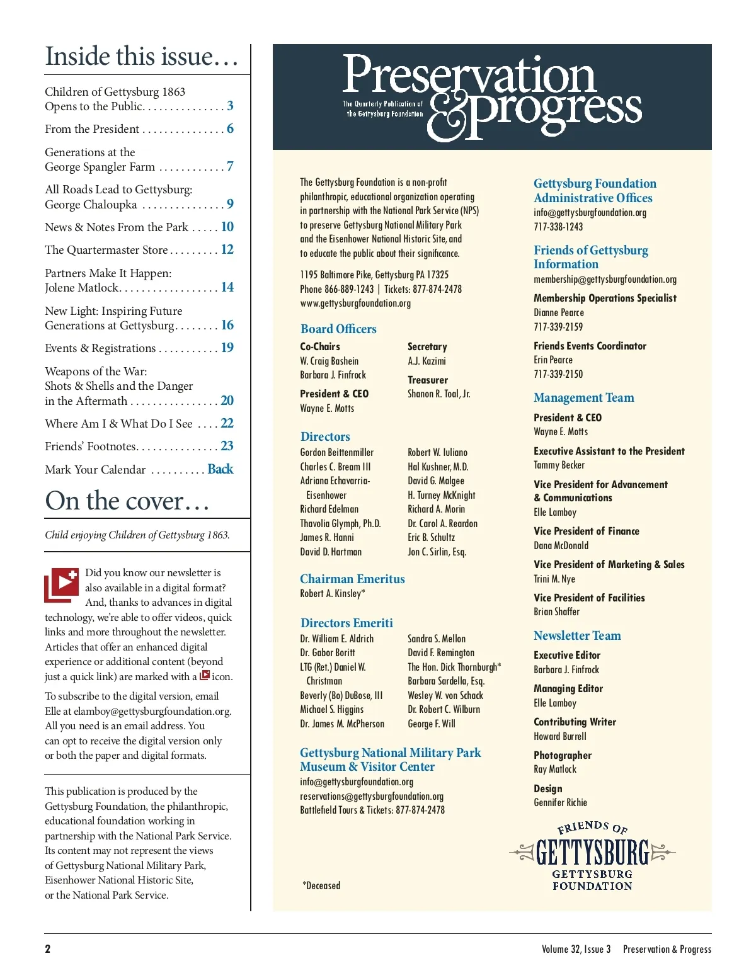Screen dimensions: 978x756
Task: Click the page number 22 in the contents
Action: pyautogui.click(x=227, y=423)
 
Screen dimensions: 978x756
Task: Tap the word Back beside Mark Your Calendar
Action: pyautogui.click(x=220, y=469)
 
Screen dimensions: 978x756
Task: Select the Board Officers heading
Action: pyautogui.click(x=338, y=329)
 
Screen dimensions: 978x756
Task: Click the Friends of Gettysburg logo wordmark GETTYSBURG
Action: pyautogui.click(x=592, y=853)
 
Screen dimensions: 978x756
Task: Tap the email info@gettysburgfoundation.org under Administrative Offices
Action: pyautogui.click(x=590, y=213)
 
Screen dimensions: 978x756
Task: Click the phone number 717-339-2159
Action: pyautogui.click(x=558, y=327)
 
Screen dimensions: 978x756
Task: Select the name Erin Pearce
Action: pyautogui.click(x=553, y=360)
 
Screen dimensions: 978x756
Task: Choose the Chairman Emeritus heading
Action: pyautogui.click(x=352, y=579)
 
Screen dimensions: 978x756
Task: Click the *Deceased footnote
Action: pyautogui.click(x=321, y=885)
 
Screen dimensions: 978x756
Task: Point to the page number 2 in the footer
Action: pyautogui.click(x=48, y=949)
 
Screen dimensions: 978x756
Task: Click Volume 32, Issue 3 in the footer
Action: pyautogui.click(x=576, y=949)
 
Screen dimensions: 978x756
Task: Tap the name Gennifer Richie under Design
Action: pyautogui.click(x=560, y=802)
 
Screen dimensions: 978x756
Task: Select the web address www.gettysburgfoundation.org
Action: pyautogui.click(x=355, y=304)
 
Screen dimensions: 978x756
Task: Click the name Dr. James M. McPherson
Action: pyautogui.click(x=342, y=724)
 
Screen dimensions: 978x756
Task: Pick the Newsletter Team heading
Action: pyautogui.click(x=577, y=635)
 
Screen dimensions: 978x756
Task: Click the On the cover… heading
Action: pyautogui.click(x=127, y=501)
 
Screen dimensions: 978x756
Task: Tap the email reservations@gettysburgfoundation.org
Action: pyautogui.click(x=372, y=796)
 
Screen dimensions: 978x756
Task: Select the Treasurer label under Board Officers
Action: pyautogui.click(x=428, y=380)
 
